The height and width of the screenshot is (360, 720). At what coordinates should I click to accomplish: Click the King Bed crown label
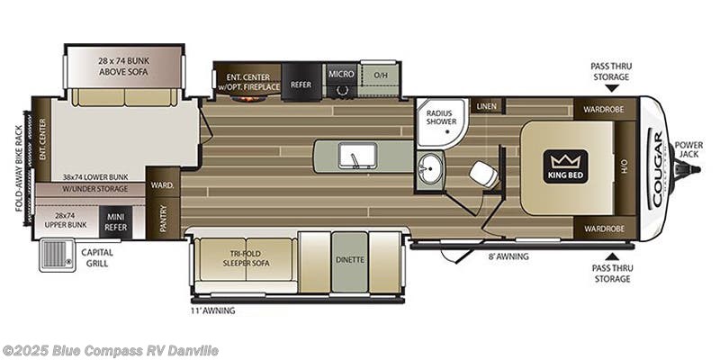(565, 165)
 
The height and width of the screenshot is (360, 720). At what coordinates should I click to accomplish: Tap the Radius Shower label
(440, 117)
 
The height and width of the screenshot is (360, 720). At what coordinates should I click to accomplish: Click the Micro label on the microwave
(340, 74)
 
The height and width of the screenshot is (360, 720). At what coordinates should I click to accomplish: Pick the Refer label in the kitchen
(301, 84)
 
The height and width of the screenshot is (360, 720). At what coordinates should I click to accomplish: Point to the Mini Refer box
(115, 221)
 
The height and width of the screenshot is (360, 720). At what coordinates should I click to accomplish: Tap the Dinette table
(349, 261)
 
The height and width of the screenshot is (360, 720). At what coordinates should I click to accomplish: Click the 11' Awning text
(213, 310)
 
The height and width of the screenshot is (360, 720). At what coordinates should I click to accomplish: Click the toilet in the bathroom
(483, 174)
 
